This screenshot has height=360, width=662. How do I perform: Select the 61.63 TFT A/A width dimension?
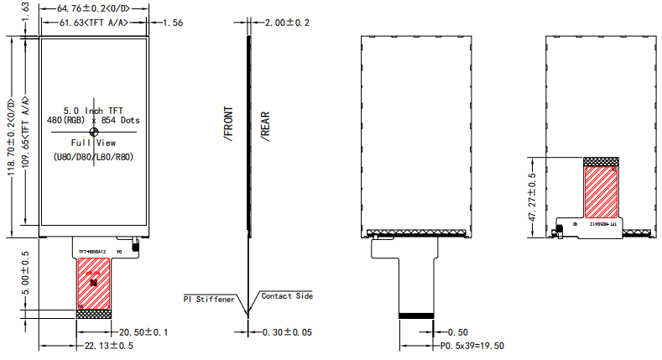[x=92, y=23]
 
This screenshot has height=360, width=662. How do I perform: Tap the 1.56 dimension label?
[x=171, y=23]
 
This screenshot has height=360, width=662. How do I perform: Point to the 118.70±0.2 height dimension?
[x=11, y=131]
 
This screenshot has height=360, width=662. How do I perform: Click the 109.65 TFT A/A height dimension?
[x=26, y=129]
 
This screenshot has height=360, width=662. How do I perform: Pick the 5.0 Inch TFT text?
[x=93, y=110]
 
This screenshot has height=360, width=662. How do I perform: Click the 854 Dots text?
[x=118, y=121]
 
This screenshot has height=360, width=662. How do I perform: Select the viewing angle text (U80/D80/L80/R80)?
[x=93, y=157]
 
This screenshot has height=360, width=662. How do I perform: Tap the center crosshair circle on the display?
[x=93, y=132]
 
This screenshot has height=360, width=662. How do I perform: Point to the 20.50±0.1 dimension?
[x=144, y=332]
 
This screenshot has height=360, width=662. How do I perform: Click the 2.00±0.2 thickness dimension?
[x=288, y=23]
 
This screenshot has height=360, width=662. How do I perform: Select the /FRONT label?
[x=229, y=123]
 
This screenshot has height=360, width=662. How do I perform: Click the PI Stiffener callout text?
[x=209, y=299]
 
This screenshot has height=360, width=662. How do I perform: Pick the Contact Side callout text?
[x=287, y=296]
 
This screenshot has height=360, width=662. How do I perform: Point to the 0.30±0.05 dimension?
[x=288, y=332]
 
